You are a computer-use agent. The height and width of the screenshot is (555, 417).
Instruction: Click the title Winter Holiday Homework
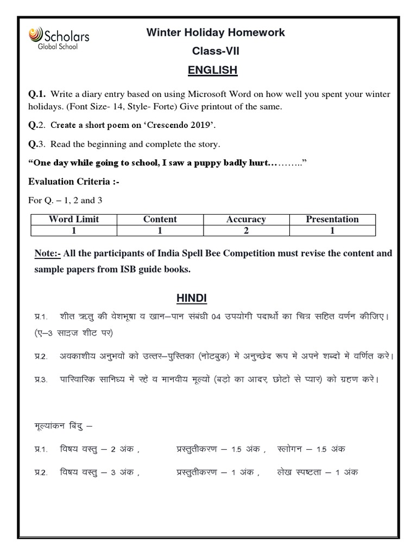216,33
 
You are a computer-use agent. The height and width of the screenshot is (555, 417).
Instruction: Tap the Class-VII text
215,51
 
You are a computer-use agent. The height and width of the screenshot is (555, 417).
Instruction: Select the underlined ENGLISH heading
212,70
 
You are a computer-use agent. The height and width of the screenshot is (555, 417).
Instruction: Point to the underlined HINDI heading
191,299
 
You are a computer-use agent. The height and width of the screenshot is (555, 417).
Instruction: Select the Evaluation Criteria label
73,182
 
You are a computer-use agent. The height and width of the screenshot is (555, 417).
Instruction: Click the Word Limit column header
74,220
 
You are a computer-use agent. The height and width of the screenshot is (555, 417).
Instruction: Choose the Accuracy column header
246,220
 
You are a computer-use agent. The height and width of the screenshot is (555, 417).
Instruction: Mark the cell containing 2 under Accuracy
246,230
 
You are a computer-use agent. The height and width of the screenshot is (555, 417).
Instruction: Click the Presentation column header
332,220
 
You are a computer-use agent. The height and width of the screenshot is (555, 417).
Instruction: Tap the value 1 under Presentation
332,230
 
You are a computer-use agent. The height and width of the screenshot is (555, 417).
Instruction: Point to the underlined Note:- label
47,254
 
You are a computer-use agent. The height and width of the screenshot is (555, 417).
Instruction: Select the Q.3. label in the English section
37,144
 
